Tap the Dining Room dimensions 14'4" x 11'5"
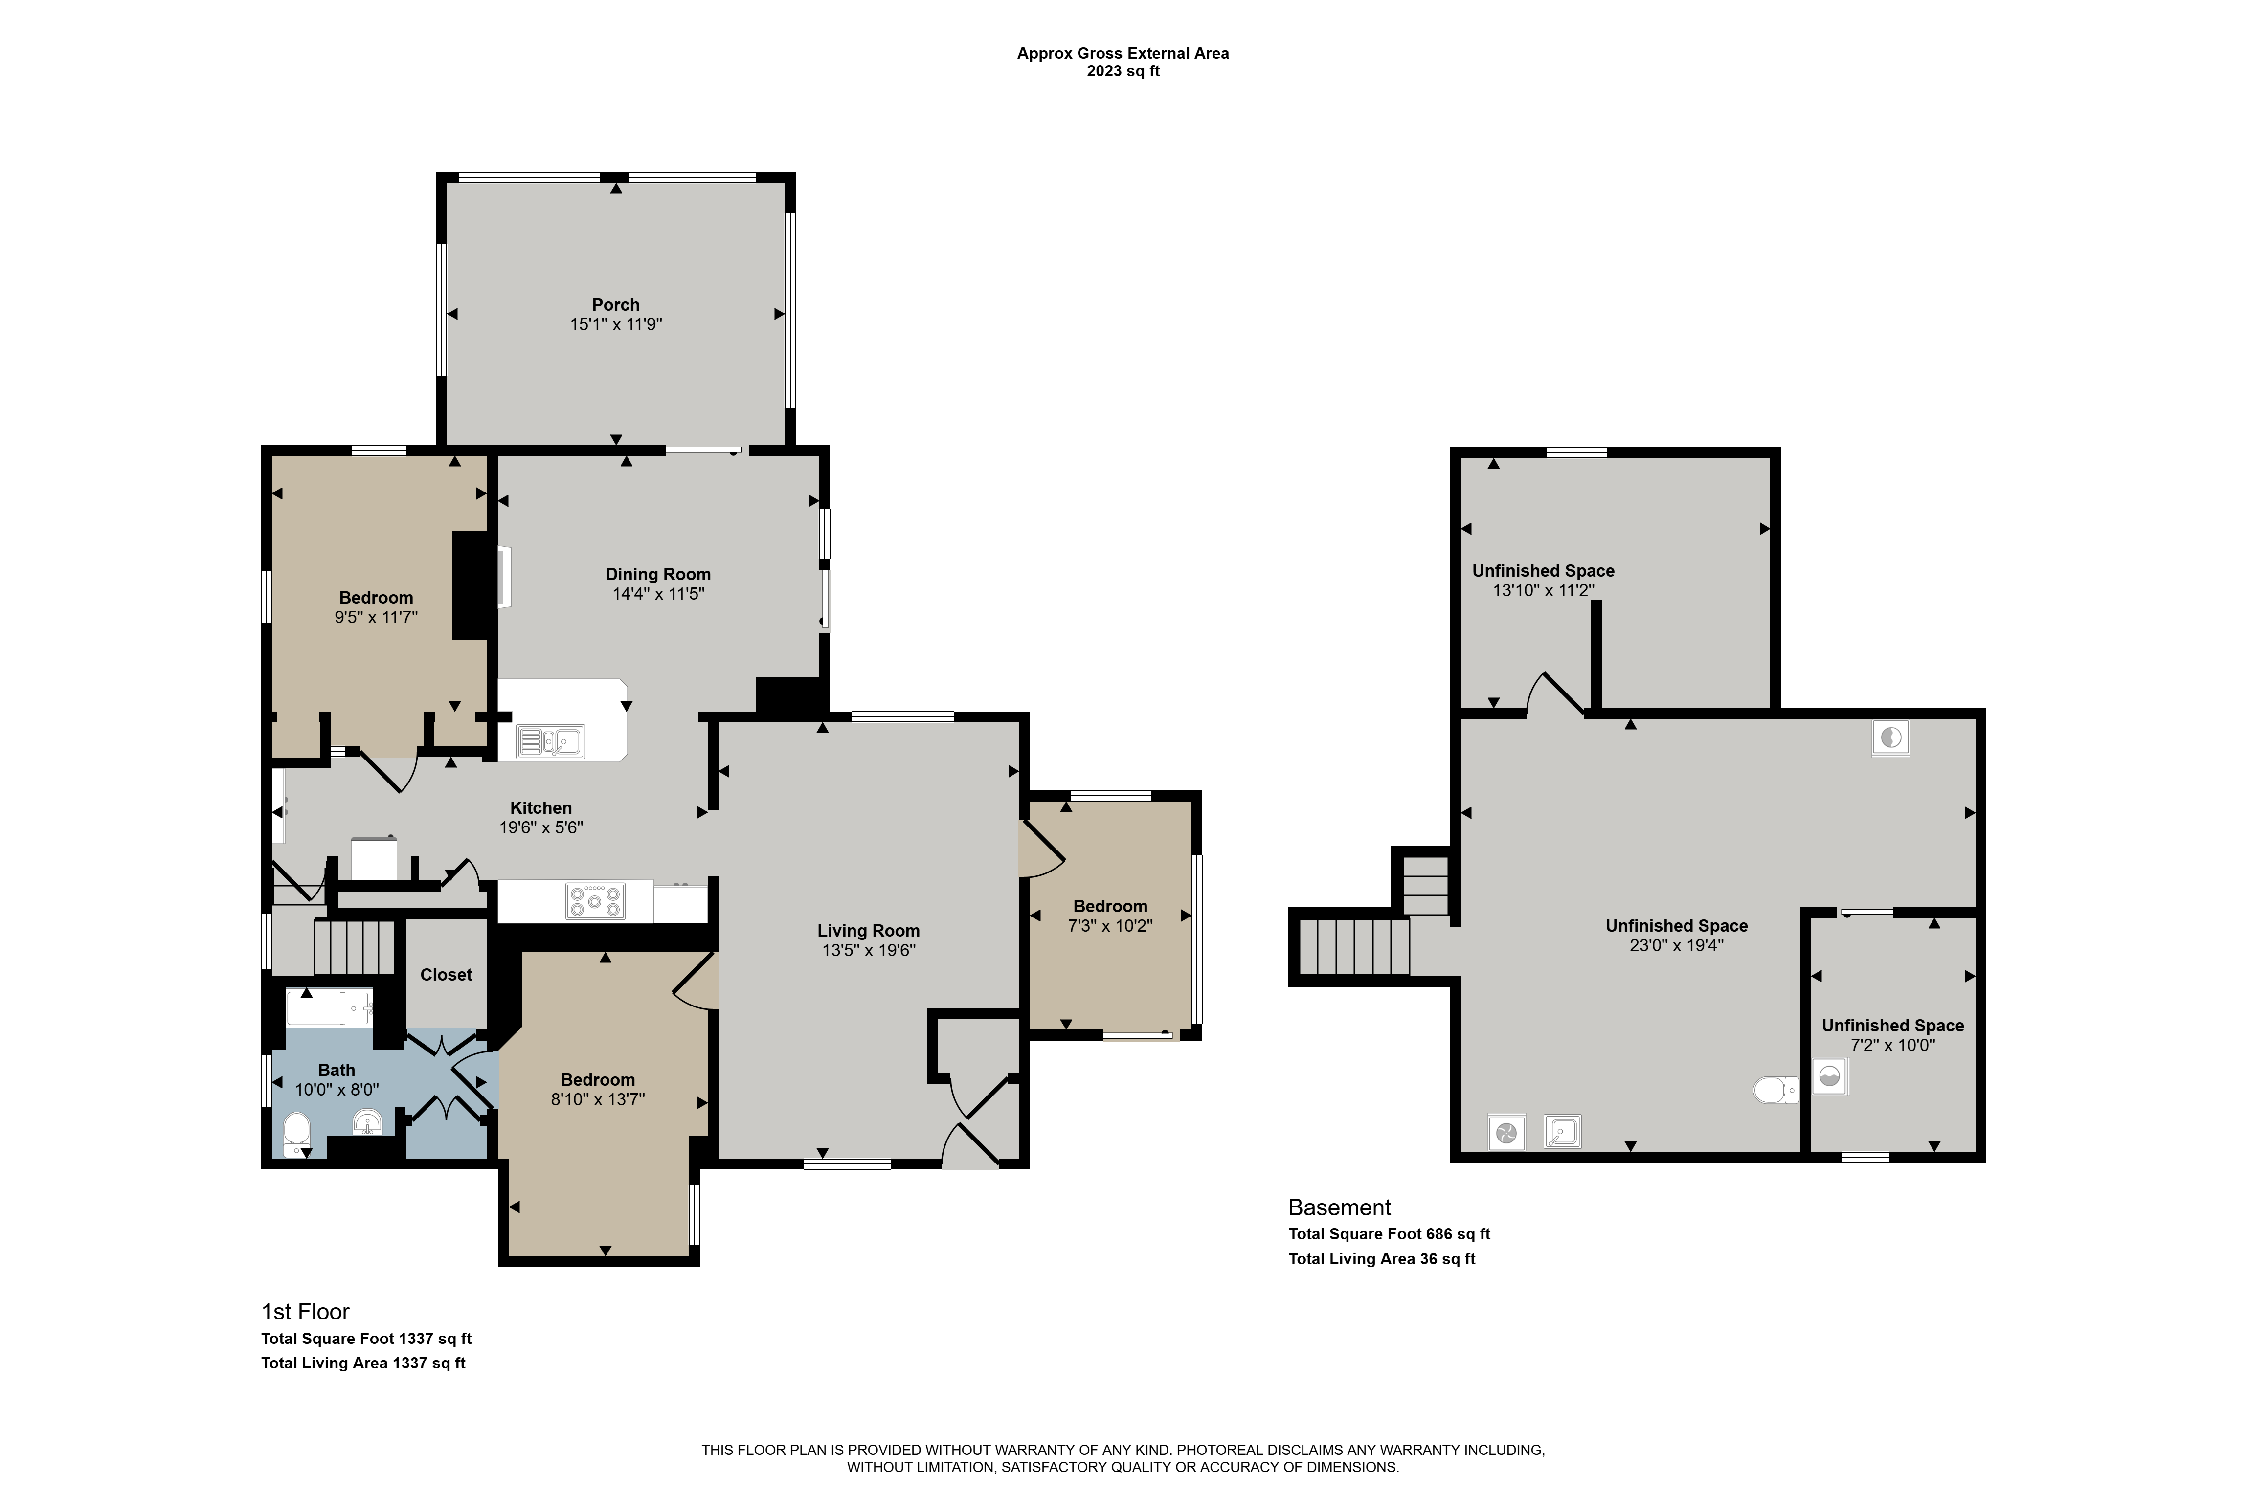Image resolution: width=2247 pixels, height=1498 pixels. pos(658,593)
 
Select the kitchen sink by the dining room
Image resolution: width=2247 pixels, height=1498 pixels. pos(550,741)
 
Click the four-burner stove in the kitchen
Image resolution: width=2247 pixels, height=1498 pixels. pos(595,901)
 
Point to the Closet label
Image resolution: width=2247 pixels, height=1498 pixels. pos(446,975)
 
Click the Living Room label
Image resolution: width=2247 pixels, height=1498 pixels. pos(868,931)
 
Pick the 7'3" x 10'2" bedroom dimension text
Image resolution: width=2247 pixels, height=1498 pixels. pos(1110,926)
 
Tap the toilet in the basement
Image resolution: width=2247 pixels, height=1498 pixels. pos(1776,1089)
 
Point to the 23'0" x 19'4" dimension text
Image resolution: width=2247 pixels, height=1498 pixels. pos(1677,945)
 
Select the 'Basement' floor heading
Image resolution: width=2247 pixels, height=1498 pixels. pos(1339,1207)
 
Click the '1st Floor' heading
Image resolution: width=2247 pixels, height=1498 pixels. pos(306,1312)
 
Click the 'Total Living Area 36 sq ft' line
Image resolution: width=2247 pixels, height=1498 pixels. pos(1381,1259)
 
